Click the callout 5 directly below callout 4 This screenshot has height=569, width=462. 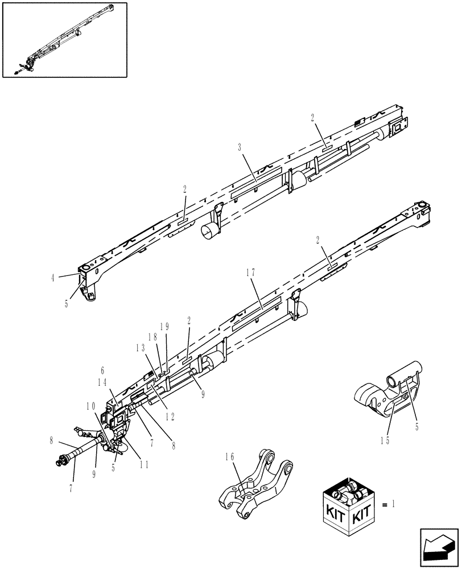[67, 304]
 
